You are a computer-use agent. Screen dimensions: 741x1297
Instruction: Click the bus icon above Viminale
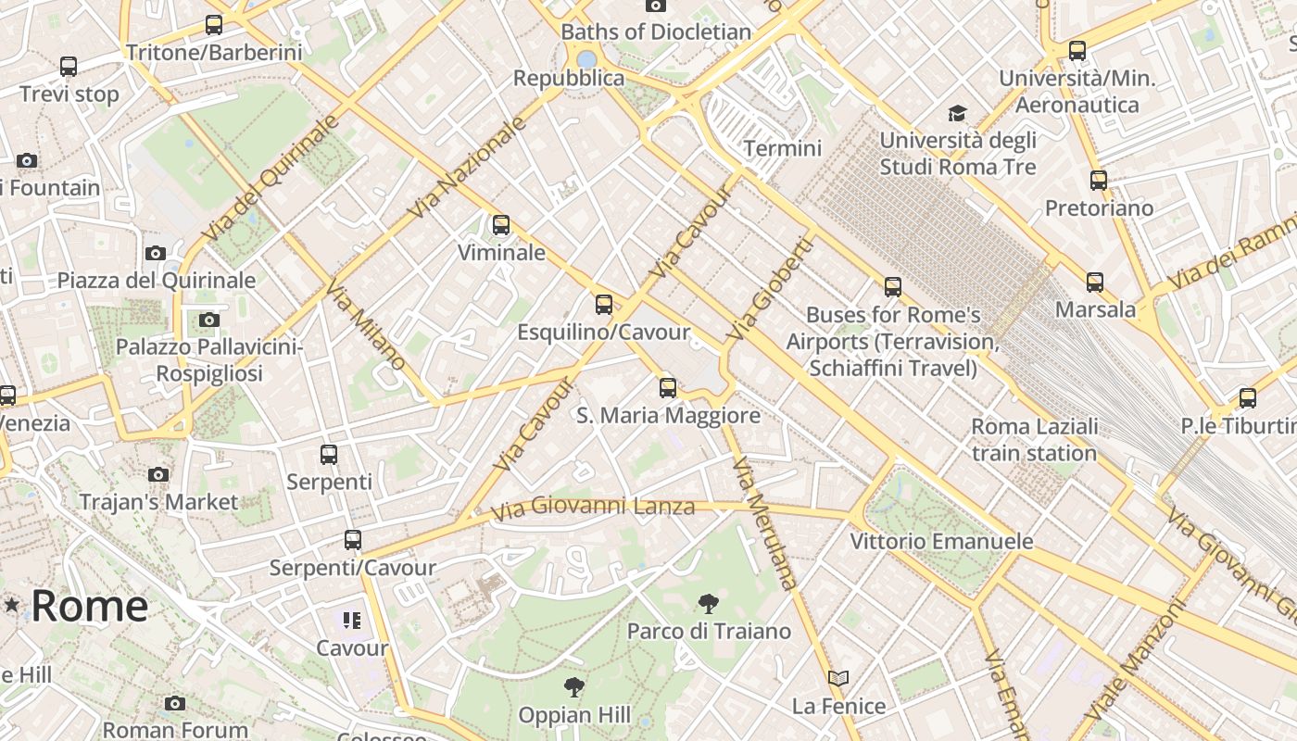(x=501, y=225)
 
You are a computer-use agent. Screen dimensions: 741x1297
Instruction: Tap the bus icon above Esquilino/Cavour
(x=604, y=304)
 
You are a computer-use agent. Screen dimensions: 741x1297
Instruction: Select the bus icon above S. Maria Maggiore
(x=668, y=388)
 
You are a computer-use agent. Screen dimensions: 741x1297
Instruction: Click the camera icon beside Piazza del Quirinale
(x=156, y=253)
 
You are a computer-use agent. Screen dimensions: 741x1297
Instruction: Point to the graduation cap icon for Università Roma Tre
(x=957, y=113)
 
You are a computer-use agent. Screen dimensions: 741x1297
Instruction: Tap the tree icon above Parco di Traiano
(x=709, y=604)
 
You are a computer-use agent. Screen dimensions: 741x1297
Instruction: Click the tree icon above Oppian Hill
(x=574, y=687)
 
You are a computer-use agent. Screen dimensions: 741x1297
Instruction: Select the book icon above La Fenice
(x=838, y=679)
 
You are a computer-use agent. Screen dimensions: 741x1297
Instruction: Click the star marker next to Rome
(x=12, y=605)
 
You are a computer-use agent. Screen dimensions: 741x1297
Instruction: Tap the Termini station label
(x=783, y=148)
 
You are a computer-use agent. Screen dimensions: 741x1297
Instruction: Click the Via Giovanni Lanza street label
(x=593, y=508)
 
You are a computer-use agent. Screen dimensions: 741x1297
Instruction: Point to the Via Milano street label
(x=366, y=324)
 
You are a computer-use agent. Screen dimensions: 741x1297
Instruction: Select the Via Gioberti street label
(x=770, y=288)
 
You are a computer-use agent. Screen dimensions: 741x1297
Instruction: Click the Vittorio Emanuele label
(x=941, y=541)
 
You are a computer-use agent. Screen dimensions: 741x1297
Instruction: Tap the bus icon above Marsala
(x=1095, y=283)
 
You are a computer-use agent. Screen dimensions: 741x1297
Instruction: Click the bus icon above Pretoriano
(x=1099, y=181)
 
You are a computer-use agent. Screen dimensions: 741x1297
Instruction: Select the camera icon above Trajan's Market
(x=158, y=474)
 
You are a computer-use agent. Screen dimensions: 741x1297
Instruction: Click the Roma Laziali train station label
(x=1034, y=440)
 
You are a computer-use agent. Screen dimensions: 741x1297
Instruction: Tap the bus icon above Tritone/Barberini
(x=214, y=25)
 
